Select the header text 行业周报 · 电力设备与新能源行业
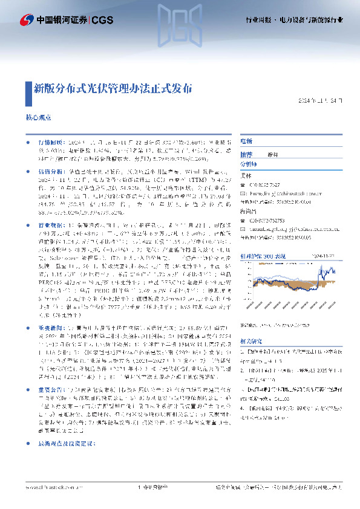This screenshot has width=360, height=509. coord(296,20)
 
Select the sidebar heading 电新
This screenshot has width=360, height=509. coord(246,140)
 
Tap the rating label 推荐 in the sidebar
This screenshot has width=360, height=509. coord(246,154)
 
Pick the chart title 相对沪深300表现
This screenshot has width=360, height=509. coord(262,256)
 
